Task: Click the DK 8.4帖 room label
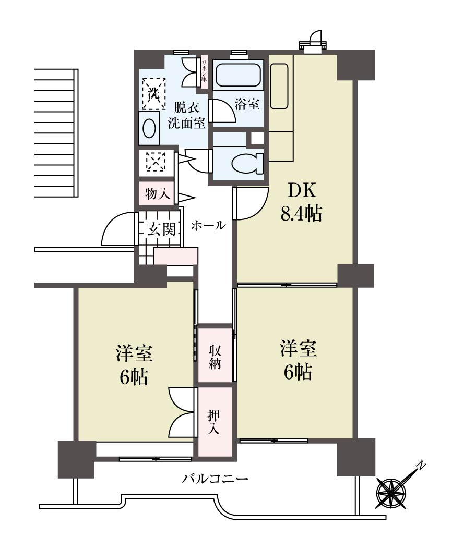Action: coord(301,202)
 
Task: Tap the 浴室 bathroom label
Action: coord(247,104)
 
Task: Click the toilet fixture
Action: coord(247,163)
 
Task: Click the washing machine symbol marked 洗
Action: coord(153,94)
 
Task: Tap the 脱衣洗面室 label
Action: coord(186,115)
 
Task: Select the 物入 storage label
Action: coord(158,193)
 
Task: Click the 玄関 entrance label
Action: coord(161,229)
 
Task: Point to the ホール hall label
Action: coord(208,225)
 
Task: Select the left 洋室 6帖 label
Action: coord(135,365)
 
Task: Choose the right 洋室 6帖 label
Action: coord(298,360)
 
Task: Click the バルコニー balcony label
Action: coord(215,479)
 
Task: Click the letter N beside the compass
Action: coord(421,466)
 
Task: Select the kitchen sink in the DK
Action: coord(280,87)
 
